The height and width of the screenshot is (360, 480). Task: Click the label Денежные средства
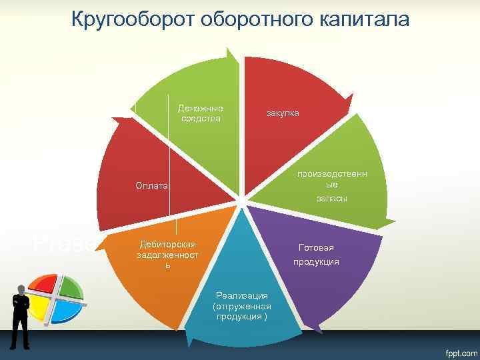coord(201,113)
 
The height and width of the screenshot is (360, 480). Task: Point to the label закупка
coord(283,113)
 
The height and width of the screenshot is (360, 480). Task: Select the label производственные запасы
coord(331,186)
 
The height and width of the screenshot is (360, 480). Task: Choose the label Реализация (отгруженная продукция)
coord(241,305)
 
